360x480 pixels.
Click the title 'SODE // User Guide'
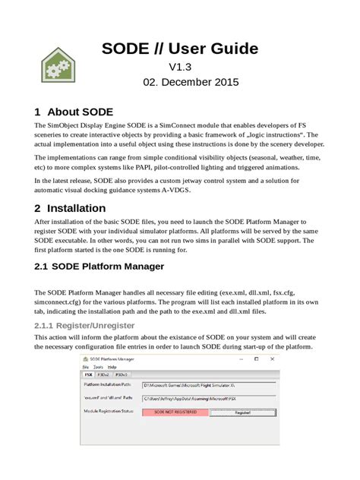[x=180, y=49]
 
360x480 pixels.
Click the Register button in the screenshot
[x=243, y=412]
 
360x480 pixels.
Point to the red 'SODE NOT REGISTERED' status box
[x=175, y=412]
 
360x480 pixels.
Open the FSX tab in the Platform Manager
[x=88, y=374]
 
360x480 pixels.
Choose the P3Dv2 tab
[x=103, y=374]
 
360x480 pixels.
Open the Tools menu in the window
[x=98, y=367]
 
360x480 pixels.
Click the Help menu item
[x=112, y=367]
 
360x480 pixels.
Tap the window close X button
[x=272, y=358]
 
